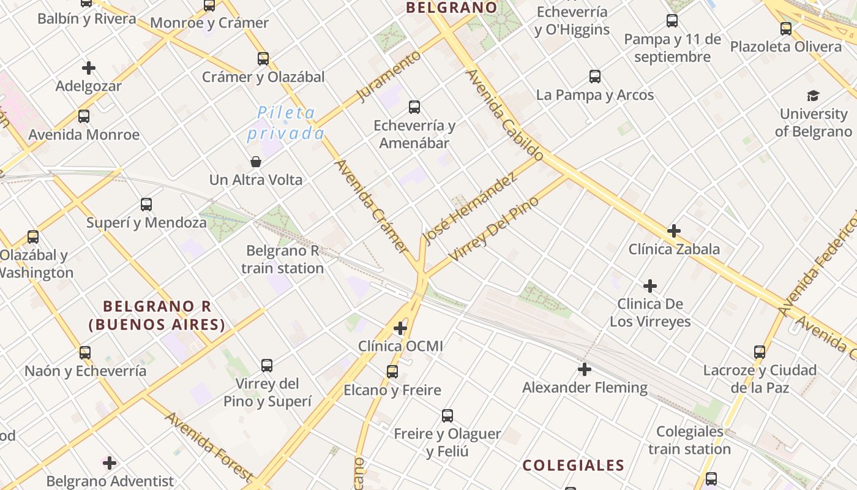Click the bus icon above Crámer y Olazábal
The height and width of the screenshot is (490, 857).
(263, 59)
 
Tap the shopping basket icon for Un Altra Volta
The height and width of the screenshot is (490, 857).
(256, 162)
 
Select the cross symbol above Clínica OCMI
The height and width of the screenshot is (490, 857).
(400, 328)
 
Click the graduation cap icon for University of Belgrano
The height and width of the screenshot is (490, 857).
(813, 96)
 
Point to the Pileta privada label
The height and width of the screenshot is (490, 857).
(286, 123)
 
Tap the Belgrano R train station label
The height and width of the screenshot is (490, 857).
(282, 259)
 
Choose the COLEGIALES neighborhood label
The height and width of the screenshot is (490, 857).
(573, 466)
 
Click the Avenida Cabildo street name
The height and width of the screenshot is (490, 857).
(504, 115)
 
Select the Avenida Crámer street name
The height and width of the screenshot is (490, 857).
(372, 206)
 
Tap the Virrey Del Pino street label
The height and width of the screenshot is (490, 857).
(493, 228)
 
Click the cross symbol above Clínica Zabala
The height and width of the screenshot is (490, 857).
(674, 231)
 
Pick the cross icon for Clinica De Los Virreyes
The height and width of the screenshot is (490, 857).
(650, 286)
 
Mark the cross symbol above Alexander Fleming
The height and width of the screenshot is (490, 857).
(585, 369)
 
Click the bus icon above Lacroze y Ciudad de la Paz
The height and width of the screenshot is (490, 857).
(760, 352)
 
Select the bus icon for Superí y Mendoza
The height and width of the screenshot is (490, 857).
(146, 205)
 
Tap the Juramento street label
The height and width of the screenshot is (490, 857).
(389, 77)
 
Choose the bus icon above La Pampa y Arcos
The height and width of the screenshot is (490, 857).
(594, 77)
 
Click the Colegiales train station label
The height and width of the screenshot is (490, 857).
(689, 440)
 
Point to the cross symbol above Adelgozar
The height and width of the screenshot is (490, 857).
(89, 68)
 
